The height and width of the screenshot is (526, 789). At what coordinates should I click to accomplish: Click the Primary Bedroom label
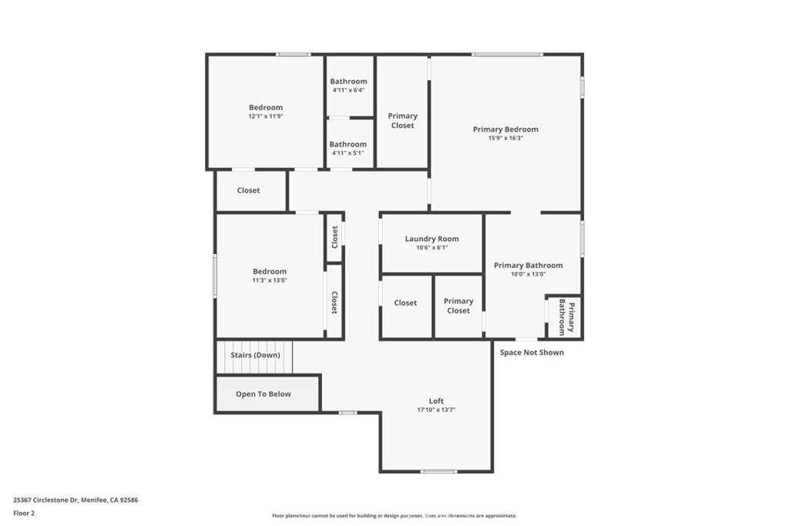point(505,129)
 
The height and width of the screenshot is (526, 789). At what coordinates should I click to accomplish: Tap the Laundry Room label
point(431,239)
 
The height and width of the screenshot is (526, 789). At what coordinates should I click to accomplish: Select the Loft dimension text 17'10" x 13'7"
point(436,410)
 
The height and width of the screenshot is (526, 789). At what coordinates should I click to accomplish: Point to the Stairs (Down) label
point(255,355)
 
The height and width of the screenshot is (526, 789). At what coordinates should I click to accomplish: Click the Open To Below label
point(264,394)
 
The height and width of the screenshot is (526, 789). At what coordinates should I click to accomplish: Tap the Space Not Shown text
point(532,353)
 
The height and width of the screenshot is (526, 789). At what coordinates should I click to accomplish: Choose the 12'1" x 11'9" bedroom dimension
point(266,116)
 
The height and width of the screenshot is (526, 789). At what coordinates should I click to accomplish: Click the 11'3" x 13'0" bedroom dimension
point(270,280)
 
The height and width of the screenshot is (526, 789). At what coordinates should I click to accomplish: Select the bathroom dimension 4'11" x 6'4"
point(348,91)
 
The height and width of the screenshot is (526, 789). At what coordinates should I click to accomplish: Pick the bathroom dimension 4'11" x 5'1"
point(347,153)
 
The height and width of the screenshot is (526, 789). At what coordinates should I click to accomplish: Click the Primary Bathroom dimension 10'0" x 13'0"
point(529,275)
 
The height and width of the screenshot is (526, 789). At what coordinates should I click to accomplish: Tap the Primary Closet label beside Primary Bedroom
point(402,121)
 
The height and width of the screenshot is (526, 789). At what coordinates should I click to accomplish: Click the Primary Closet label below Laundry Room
point(458,306)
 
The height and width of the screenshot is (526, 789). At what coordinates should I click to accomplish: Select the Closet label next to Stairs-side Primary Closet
point(405,303)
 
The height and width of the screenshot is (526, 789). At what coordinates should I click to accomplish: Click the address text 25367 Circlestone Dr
point(46,501)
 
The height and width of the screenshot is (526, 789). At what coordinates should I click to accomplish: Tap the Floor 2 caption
point(24,514)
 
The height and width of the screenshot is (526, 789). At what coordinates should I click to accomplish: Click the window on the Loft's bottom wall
point(438,471)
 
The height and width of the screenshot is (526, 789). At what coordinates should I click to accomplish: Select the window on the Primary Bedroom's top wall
point(507,55)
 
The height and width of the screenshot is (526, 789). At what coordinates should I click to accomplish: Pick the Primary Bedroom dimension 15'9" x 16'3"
point(505,139)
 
